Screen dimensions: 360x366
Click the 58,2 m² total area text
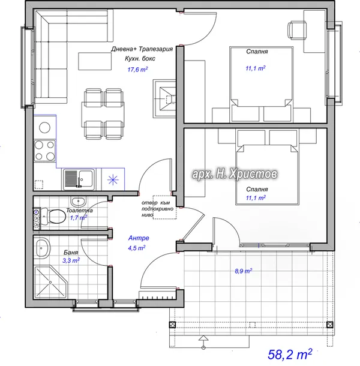click(x=290, y=355)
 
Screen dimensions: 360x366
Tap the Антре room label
click(x=139, y=238)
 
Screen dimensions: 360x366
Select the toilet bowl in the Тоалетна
click(x=56, y=217)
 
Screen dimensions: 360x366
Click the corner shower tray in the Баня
click(x=51, y=282)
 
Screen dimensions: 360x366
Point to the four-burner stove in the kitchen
click(x=45, y=151)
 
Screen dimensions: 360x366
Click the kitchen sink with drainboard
click(x=79, y=179)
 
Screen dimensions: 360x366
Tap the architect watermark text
click(x=235, y=174)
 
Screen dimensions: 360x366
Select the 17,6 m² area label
click(x=137, y=70)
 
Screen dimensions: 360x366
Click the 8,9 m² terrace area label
click(x=243, y=271)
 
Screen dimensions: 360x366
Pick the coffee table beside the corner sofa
click(x=95, y=61)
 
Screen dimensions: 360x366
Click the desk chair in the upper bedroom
click(x=296, y=29)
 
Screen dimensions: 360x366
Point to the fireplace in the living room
click(x=164, y=98)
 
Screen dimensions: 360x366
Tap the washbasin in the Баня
click(x=43, y=248)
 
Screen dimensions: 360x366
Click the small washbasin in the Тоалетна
click(x=78, y=201)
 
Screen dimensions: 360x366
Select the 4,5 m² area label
click(x=137, y=248)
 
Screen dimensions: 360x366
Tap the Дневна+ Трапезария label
click(x=142, y=49)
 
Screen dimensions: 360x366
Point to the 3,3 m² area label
click(x=71, y=260)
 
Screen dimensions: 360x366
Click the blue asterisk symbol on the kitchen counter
click(x=113, y=180)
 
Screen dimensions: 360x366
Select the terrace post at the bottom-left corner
click(x=172, y=325)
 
